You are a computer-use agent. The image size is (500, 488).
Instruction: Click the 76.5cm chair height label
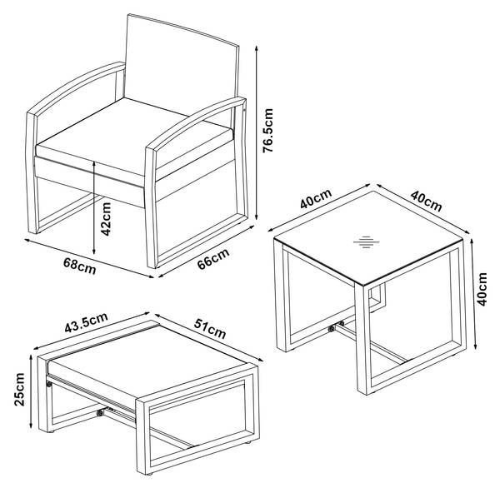tap(267, 131)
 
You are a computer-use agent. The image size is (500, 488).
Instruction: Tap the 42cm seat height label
tap(106, 219)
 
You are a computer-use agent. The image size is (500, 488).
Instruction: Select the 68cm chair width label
tap(80, 266)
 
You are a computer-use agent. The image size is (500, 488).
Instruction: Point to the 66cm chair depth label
tap(213, 258)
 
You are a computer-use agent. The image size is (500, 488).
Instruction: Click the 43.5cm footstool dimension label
tap(86, 322)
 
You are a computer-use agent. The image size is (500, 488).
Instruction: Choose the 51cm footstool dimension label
tap(210, 328)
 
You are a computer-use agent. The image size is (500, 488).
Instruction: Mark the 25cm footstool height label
tap(19, 389)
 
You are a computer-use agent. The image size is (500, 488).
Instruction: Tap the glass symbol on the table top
tap(367, 242)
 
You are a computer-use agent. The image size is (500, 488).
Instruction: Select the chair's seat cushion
tap(134, 137)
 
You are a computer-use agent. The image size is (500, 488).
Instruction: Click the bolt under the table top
tap(332, 328)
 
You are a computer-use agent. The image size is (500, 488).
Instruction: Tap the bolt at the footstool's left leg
tap(49, 384)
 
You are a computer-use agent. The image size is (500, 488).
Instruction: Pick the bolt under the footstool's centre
tap(100, 413)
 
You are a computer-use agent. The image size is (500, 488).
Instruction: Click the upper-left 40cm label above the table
tap(316, 198)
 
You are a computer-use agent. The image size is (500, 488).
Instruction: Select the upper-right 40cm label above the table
tap(426, 201)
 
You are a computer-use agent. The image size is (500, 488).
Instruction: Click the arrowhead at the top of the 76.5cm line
tap(256, 48)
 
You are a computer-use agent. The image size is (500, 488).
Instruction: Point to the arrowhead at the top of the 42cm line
tap(94, 165)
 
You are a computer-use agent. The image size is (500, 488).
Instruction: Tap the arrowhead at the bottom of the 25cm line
tap(31, 425)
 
